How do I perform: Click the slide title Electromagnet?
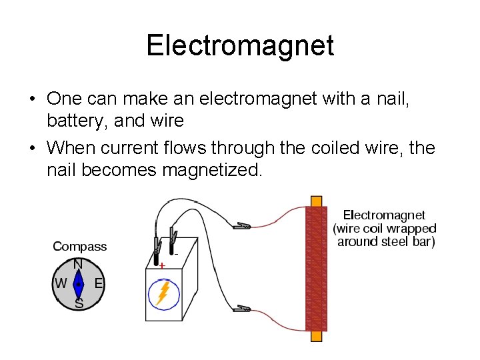[x=240, y=46]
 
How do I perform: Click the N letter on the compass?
[x=78, y=264]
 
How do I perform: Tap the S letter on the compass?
[x=79, y=303]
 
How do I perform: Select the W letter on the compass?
[x=60, y=283]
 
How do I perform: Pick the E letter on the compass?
[x=98, y=283]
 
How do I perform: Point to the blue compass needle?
[x=79, y=284]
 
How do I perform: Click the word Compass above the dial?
[x=79, y=247]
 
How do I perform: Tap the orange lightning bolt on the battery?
[x=162, y=294]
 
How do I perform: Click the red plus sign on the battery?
[x=162, y=265]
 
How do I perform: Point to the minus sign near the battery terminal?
[x=177, y=254]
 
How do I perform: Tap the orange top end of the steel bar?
[x=316, y=201]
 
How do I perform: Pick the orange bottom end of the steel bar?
[x=316, y=337]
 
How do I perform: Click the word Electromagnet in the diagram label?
[x=383, y=215]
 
